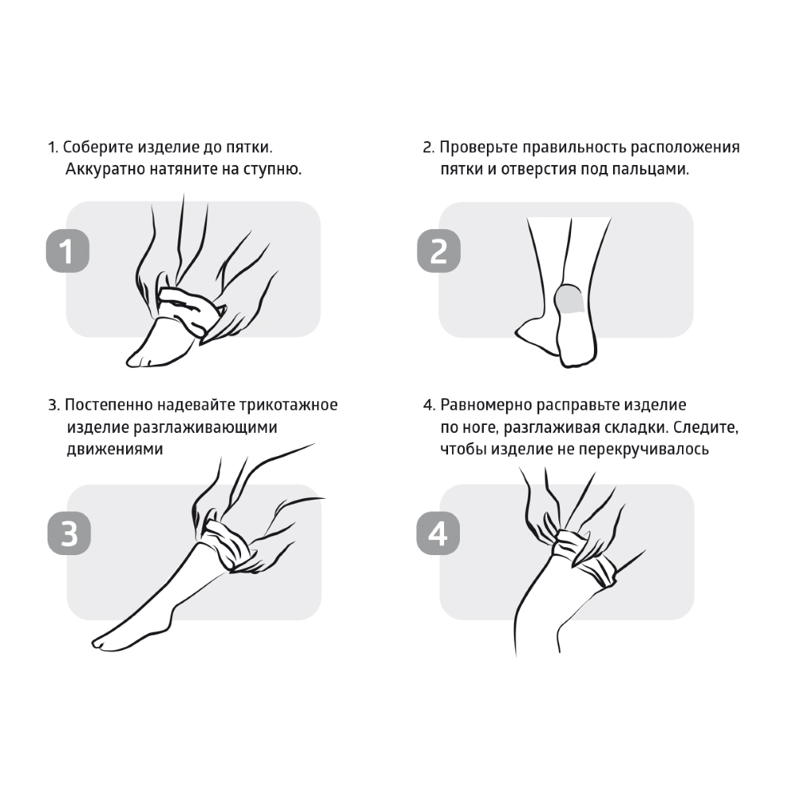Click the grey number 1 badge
point(67,251)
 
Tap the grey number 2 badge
point(439,251)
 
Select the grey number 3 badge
point(69,534)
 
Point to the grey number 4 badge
point(438,534)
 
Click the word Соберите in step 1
point(98,147)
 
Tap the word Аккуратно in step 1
point(105,169)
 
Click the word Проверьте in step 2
point(478,147)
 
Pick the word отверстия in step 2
point(538,170)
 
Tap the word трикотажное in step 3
point(289,405)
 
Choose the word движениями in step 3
point(115,449)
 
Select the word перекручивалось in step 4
point(644,449)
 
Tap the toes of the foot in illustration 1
point(139,359)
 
